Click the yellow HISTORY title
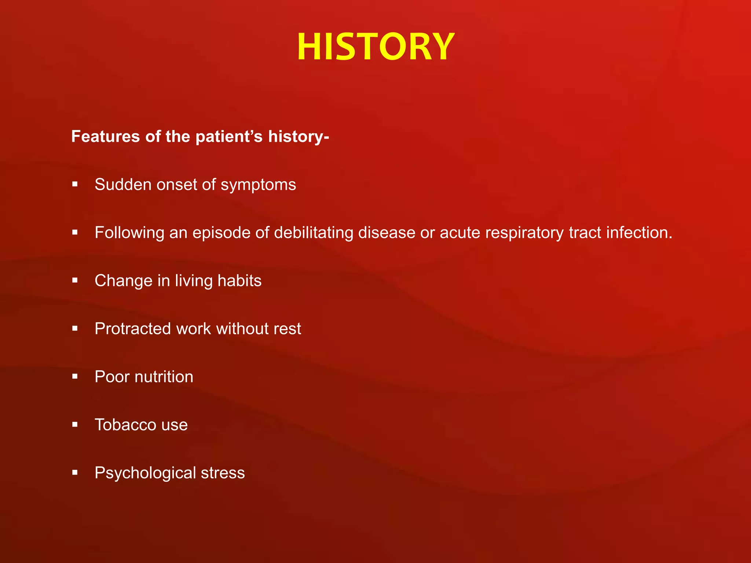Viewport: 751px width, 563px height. [375, 47]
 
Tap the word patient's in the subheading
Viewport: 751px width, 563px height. [229, 136]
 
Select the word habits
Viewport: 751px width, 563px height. [239, 281]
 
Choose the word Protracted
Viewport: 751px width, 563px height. [133, 329]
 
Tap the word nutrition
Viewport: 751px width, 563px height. [164, 377]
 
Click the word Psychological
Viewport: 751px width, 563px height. [145, 473]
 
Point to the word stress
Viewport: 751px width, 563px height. [223, 473]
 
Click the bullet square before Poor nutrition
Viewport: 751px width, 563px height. [75, 376]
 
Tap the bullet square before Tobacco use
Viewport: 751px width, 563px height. [75, 424]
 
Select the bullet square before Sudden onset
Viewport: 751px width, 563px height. [75, 184]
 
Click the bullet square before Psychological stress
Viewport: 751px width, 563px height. [75, 472]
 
